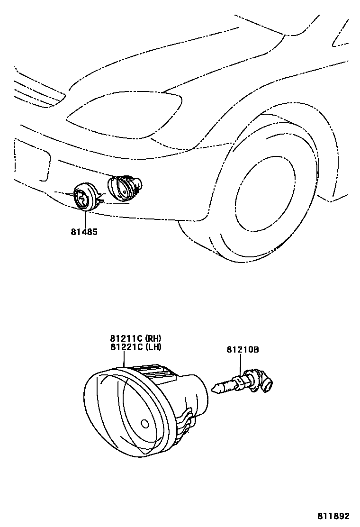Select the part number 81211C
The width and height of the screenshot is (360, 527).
[126, 338]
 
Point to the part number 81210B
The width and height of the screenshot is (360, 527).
[242, 350]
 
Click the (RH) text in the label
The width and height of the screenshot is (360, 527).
[153, 338]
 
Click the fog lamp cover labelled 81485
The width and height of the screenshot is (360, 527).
[85, 198]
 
